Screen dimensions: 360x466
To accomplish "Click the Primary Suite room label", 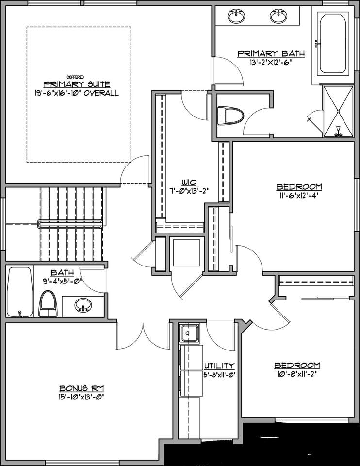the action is [77, 84].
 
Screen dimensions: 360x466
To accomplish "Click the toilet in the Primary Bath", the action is [230, 116].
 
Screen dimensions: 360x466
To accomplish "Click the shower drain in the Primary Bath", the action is [338, 112].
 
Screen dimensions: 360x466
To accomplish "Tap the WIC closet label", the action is [189, 182].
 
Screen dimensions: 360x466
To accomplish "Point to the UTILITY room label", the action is [219, 365].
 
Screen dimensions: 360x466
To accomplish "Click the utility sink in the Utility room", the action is [190, 333].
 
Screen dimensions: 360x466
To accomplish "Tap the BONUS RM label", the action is [82, 388].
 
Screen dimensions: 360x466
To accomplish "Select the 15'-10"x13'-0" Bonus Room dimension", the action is [82, 397].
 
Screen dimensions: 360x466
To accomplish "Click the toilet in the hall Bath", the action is [48, 304].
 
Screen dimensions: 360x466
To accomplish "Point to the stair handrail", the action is [70, 224].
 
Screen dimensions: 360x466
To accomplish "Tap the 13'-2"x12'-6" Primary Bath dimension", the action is [271, 62].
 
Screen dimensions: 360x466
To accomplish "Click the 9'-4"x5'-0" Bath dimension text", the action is [63, 280].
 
